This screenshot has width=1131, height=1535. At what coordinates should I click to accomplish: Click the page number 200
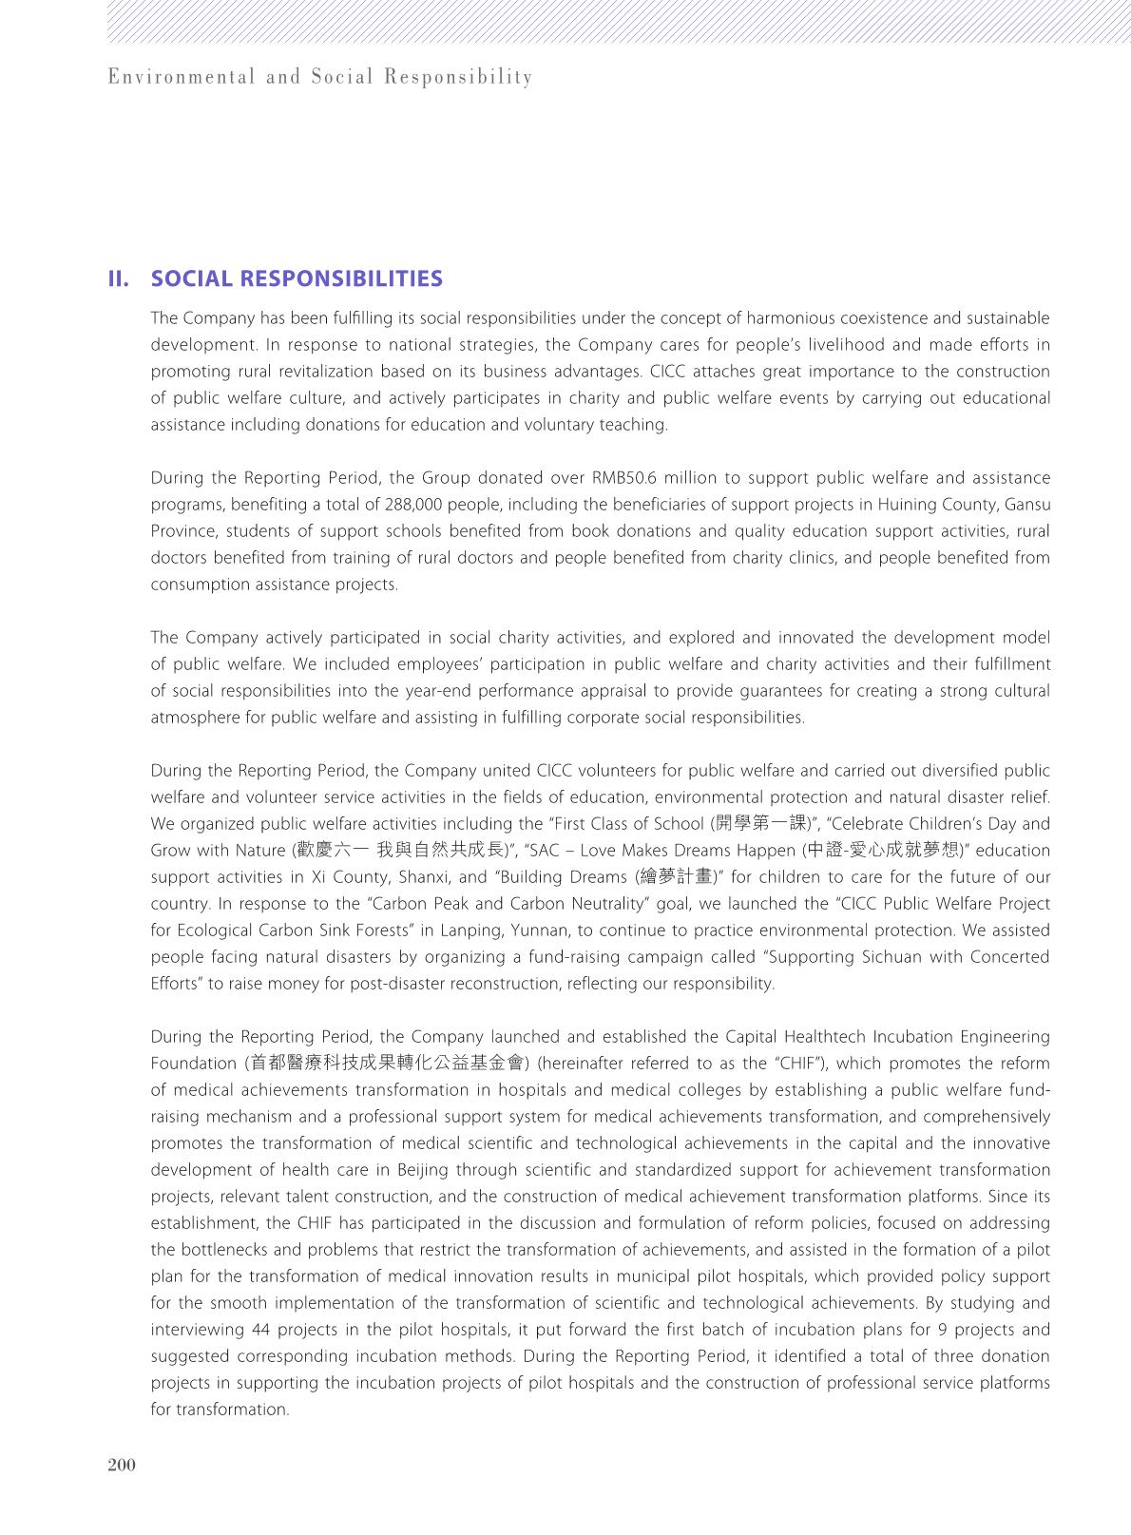click(122, 1465)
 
